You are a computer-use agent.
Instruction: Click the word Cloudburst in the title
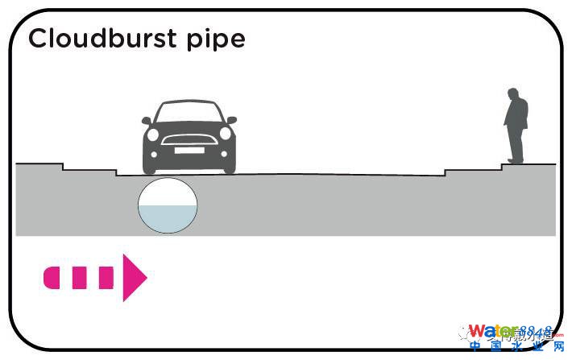(x=95, y=39)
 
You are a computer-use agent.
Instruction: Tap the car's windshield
(x=189, y=114)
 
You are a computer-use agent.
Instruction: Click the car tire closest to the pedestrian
(x=228, y=163)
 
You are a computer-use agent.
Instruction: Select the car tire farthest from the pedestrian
(x=151, y=163)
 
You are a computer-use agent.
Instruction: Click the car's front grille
(x=189, y=139)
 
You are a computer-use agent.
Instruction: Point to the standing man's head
(x=513, y=95)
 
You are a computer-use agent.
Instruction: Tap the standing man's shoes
(x=513, y=160)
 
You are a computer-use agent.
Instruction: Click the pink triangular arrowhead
(x=133, y=277)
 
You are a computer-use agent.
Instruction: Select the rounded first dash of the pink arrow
(x=52, y=277)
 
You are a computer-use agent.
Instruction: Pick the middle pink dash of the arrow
(x=79, y=277)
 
